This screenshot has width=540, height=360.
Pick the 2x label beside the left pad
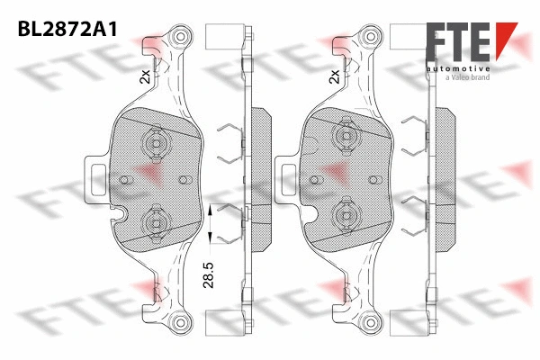[x=145, y=78]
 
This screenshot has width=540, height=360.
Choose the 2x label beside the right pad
[x=336, y=78]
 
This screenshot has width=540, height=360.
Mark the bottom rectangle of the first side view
[x=228, y=323]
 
